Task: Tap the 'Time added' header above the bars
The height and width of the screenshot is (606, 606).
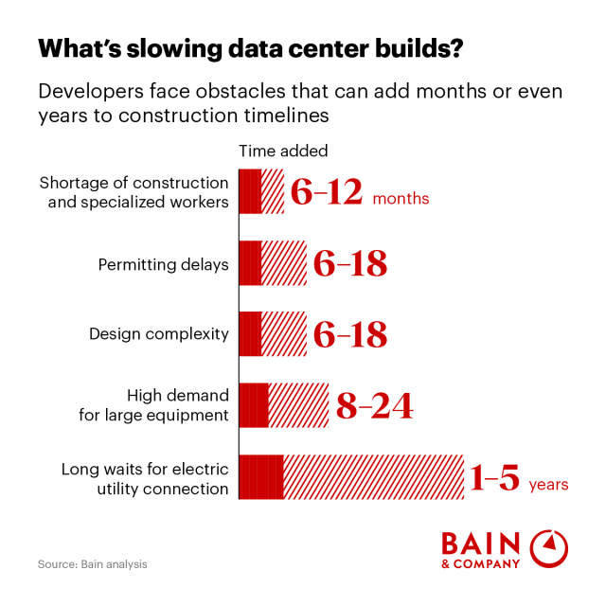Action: pos(283,151)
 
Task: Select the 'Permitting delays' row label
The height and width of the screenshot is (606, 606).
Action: pos(163,264)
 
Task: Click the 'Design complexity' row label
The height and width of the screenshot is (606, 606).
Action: pos(158,333)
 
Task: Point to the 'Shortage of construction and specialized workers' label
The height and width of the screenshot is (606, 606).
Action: pos(134,190)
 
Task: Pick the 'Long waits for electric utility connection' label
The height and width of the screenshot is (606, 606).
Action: pos(145,478)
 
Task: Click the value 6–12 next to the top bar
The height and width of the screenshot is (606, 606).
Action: pos(326,192)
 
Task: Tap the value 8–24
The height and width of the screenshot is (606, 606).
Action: pos(374,406)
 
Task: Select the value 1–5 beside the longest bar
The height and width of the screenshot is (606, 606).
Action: pos(494,478)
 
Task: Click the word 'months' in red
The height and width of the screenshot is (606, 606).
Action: pos(401,199)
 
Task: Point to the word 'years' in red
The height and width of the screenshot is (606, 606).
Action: pos(548,485)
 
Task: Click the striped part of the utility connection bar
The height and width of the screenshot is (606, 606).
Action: pos(372,476)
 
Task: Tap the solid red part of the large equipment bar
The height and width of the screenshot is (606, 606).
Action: pos(254,405)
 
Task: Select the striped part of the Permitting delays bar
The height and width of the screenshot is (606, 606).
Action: pos(283,263)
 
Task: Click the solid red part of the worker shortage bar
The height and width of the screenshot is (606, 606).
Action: pos(250,191)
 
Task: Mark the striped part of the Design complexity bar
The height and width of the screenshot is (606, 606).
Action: pos(283,333)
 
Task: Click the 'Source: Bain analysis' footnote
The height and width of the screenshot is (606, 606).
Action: pos(93,564)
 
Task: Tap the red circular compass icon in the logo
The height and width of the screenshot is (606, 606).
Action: pos(548,548)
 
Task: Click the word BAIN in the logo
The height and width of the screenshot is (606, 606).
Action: pos(480,544)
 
